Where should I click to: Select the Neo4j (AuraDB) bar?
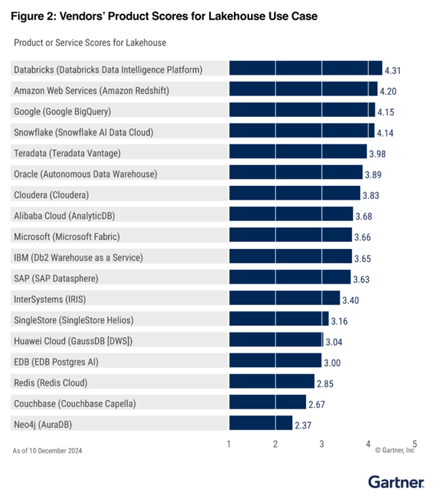coord(261,423)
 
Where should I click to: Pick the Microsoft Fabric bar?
coord(290,235)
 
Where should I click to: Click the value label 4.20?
coord(388,92)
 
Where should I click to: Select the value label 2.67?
coord(317,405)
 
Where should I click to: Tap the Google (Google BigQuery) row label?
coord(62,111)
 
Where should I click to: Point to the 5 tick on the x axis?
coord(414,443)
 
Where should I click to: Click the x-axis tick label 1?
coord(229,443)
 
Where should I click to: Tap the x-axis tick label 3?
coord(322,443)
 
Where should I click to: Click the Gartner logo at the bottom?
coord(396,482)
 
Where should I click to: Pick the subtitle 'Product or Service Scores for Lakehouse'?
coord(90,43)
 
